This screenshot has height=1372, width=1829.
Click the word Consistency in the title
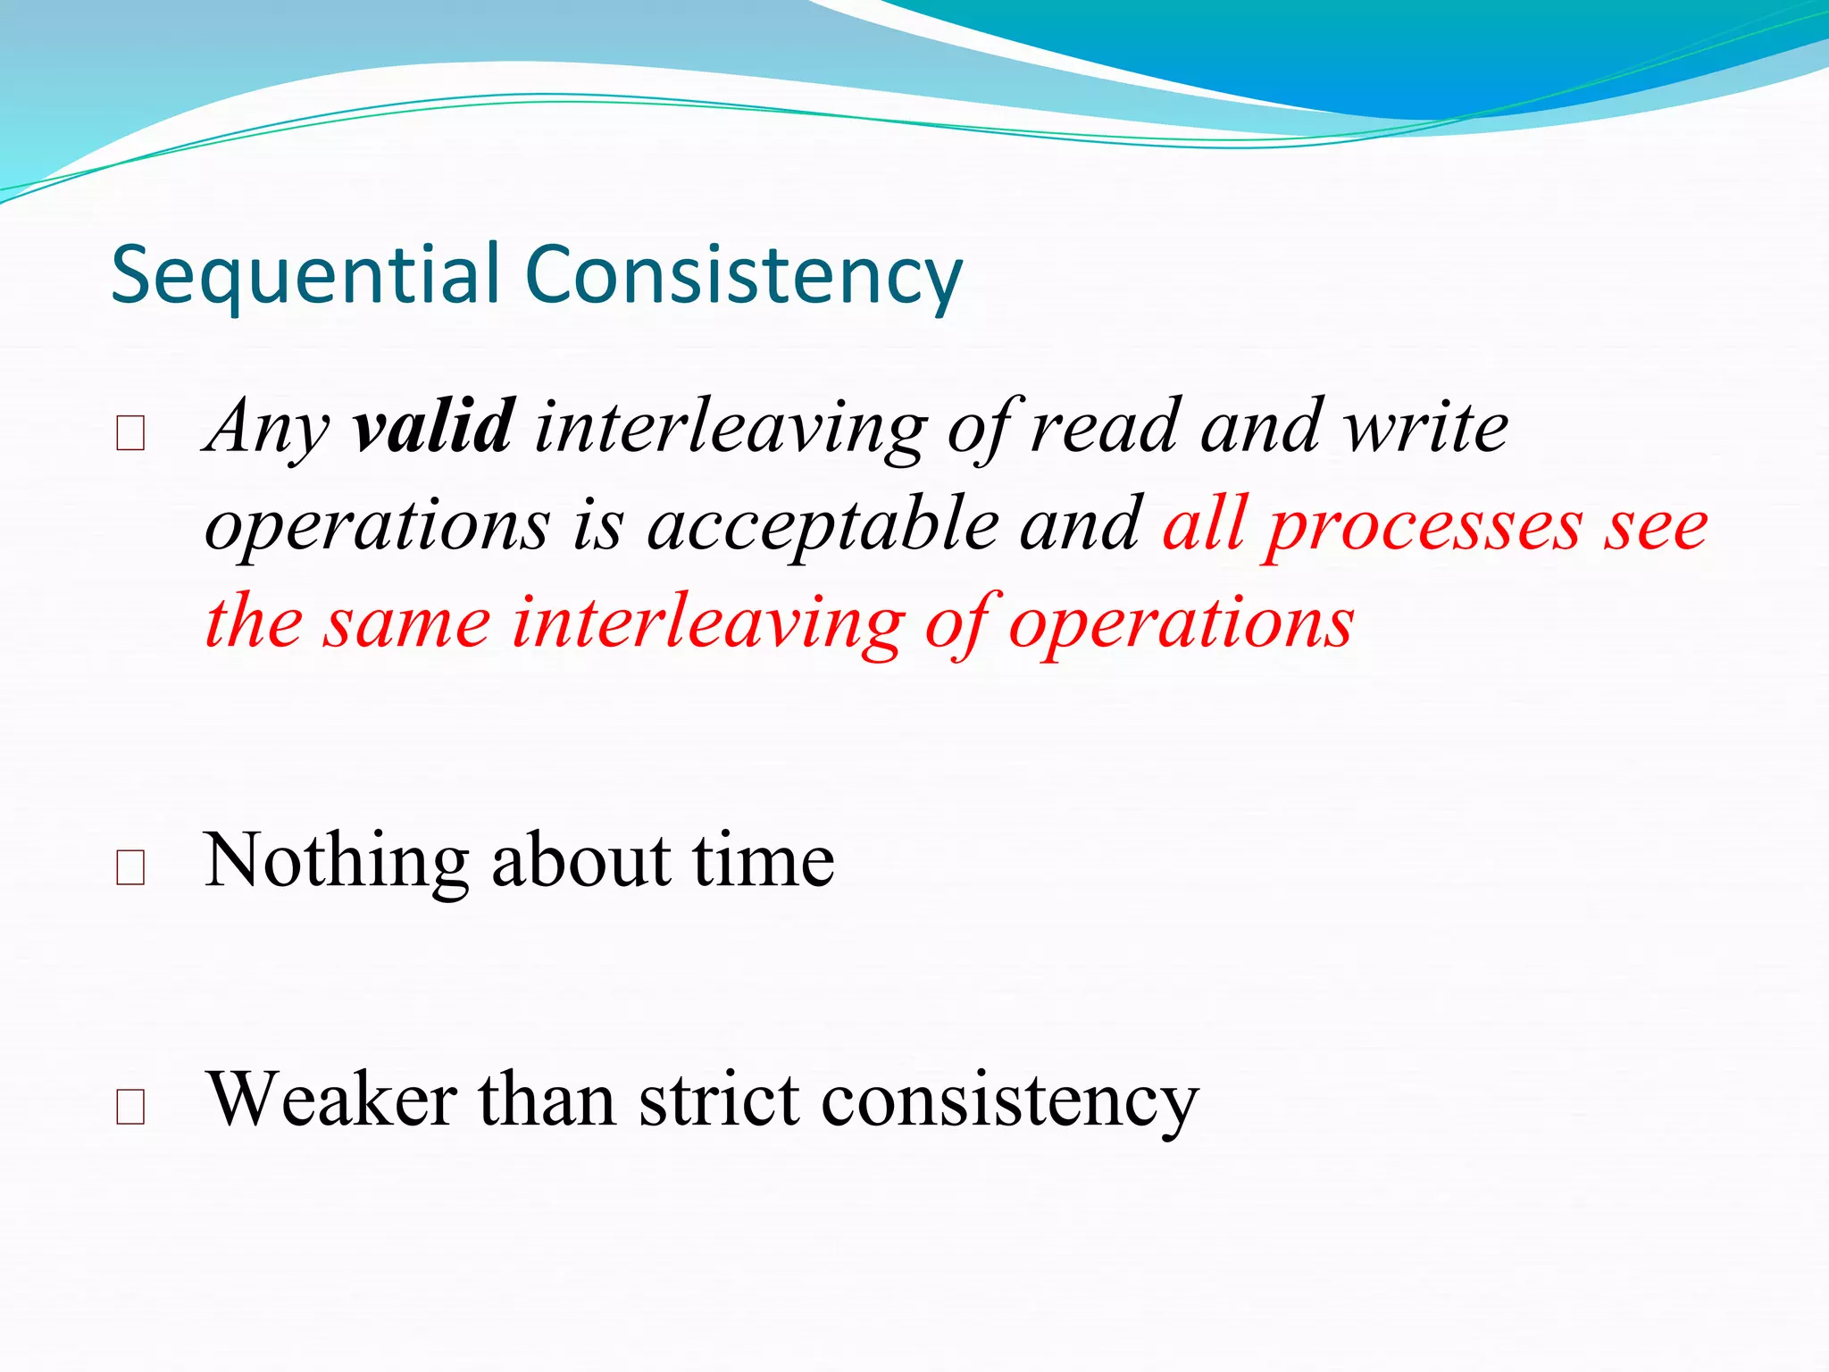coord(743,275)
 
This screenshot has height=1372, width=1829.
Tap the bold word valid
coord(432,427)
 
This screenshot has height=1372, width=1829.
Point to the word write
coord(1426,427)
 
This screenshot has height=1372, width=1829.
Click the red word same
coord(406,623)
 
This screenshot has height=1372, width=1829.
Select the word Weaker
coord(331,1100)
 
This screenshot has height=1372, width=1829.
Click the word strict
coord(719,1100)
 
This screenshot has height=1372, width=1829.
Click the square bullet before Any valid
coord(130,434)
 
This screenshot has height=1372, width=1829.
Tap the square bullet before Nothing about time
coord(130,867)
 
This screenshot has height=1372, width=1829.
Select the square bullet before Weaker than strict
coord(130,1107)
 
